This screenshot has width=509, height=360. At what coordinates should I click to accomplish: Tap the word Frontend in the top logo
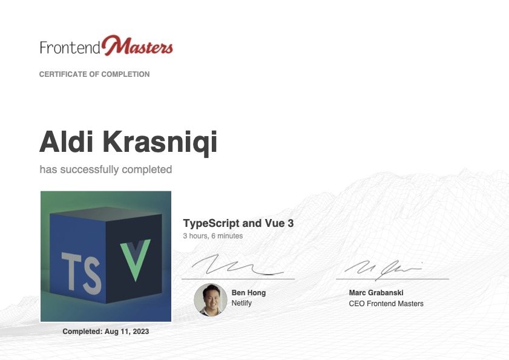tap(70, 47)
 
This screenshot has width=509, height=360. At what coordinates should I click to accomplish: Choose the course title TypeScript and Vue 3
tap(238, 223)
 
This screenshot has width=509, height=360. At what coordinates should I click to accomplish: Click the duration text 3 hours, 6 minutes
tap(212, 236)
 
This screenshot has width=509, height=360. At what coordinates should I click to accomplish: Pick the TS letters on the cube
tap(81, 273)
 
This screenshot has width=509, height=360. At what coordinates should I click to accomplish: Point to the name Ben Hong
tap(248, 293)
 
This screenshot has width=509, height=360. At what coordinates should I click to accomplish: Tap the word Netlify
tap(241, 303)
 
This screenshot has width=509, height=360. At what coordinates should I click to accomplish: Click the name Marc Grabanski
tap(376, 293)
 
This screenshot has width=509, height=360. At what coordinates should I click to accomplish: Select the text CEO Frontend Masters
tap(386, 304)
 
